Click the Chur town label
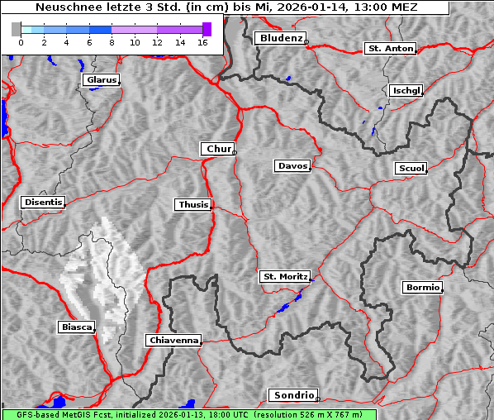[218, 149]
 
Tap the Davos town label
[292, 166]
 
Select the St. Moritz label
[284, 277]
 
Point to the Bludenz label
[279, 38]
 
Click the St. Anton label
[390, 49]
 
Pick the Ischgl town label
[406, 90]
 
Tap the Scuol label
[411, 169]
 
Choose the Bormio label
[422, 288]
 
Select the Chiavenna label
[173, 340]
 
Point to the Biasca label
[76, 327]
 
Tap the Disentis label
[43, 202]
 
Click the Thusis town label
[193, 204]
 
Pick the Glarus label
[100, 80]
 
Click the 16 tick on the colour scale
[202, 41]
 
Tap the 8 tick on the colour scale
[112, 41]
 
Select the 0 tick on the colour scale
[21, 41]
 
